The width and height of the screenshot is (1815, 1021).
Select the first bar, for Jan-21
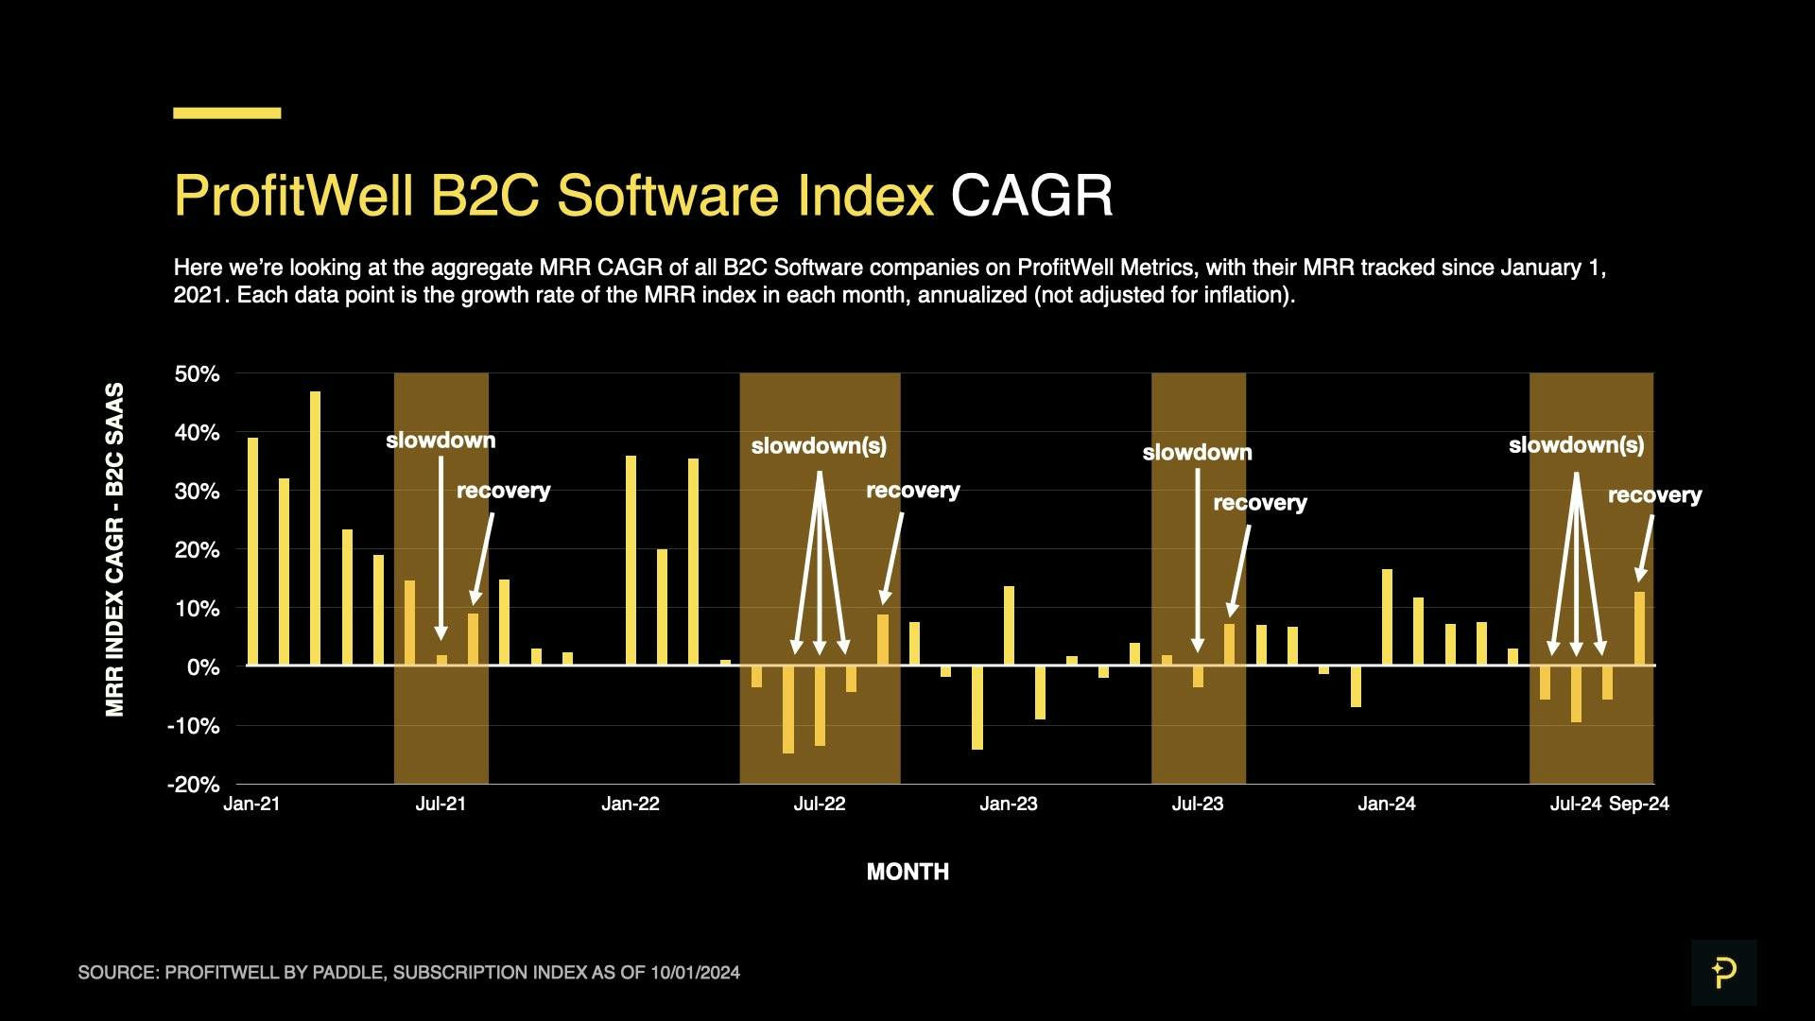pos(252,551)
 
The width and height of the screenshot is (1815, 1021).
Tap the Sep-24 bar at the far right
pos(1639,629)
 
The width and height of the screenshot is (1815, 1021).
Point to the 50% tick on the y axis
pos(197,374)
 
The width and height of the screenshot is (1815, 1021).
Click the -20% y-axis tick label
pos(193,785)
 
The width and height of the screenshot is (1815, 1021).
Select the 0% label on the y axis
pos(202,667)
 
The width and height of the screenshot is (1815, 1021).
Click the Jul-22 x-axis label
pos(820,804)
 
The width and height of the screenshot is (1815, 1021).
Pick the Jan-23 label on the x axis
pos(1009,804)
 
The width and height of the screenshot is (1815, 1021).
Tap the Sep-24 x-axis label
pos(1639,804)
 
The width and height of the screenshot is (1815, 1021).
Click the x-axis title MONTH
pos(907,872)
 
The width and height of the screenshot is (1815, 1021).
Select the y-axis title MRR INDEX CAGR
pos(114,549)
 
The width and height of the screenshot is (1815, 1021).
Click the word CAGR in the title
pos(1031,196)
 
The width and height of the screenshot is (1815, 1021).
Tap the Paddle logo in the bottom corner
pos(1723,972)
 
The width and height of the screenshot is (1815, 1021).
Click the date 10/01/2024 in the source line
pos(695,973)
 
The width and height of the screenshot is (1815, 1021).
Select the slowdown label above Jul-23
pos(1197,453)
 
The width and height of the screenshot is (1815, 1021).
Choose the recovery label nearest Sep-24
pos(1654,495)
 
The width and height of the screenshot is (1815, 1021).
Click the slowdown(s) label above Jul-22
pos(819,446)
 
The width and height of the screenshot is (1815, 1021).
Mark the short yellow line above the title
pos(227,113)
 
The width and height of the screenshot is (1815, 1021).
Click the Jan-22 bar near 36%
pos(631,561)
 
